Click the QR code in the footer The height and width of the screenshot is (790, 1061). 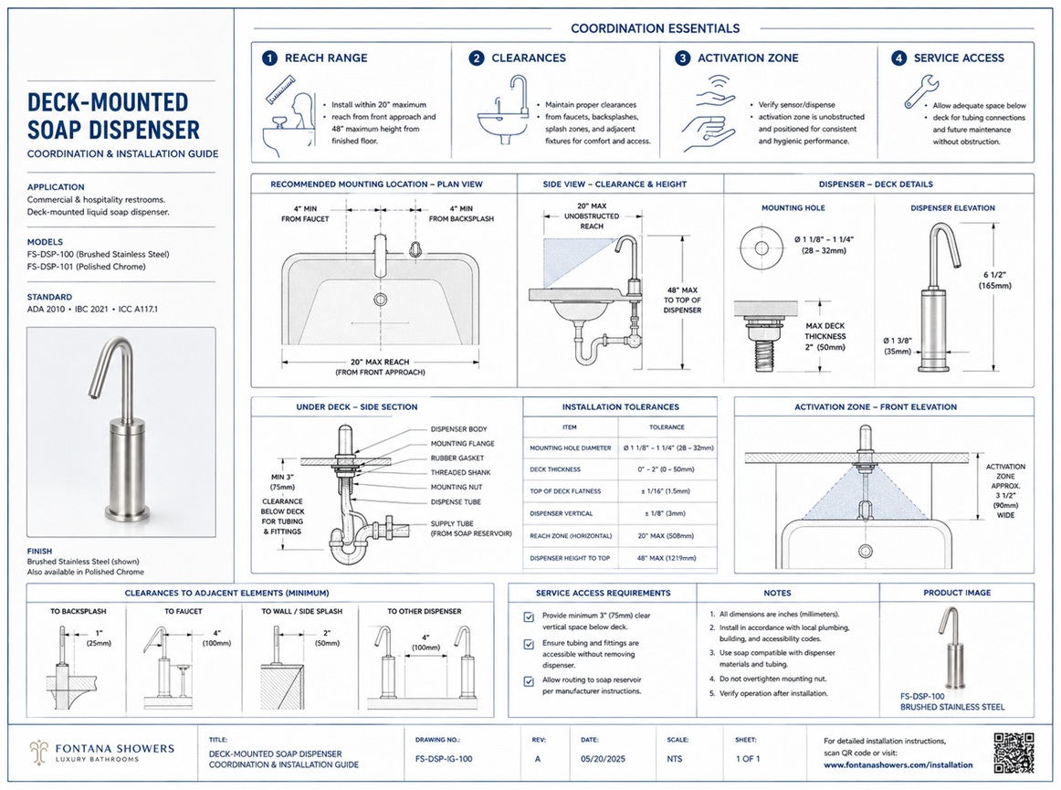coord(1014,752)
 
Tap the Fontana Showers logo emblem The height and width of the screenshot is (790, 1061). coord(38,752)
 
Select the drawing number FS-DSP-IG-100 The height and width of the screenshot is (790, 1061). coord(444,759)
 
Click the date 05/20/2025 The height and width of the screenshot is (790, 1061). coord(603,759)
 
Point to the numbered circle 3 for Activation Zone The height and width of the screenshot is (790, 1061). coord(683,58)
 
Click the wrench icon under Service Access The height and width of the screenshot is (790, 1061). coord(921,91)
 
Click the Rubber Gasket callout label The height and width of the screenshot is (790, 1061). coord(457,458)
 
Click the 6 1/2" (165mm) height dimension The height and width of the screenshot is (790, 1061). coord(994,280)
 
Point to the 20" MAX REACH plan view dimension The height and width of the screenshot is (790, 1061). coord(380,363)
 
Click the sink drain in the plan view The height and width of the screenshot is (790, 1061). coord(380,299)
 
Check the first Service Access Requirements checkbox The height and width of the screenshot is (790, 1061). coord(529,616)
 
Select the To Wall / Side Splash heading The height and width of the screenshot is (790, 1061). coord(302,611)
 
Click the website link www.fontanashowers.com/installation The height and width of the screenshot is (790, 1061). coord(898,765)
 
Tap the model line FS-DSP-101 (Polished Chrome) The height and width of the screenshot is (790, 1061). coord(86,267)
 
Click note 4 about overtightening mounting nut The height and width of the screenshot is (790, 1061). coord(768,679)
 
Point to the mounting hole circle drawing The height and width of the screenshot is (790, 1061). coord(762,248)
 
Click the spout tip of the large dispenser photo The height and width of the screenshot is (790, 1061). coord(92,394)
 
